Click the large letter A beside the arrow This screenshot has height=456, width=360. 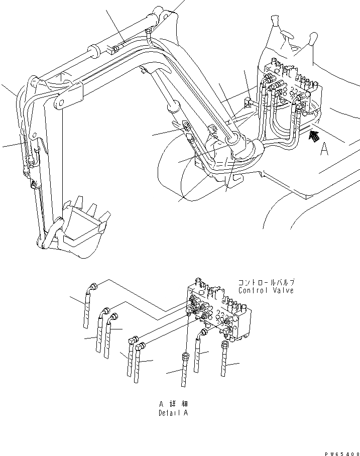pos(325,149)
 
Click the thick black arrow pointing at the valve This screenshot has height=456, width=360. pos(314,135)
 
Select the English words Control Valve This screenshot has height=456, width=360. pos(266,290)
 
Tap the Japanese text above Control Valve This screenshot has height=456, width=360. pos(267,282)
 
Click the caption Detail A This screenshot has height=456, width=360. pos(173,413)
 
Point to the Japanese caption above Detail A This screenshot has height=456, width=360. pos(173,404)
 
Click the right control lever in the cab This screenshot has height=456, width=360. pos(312,39)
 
